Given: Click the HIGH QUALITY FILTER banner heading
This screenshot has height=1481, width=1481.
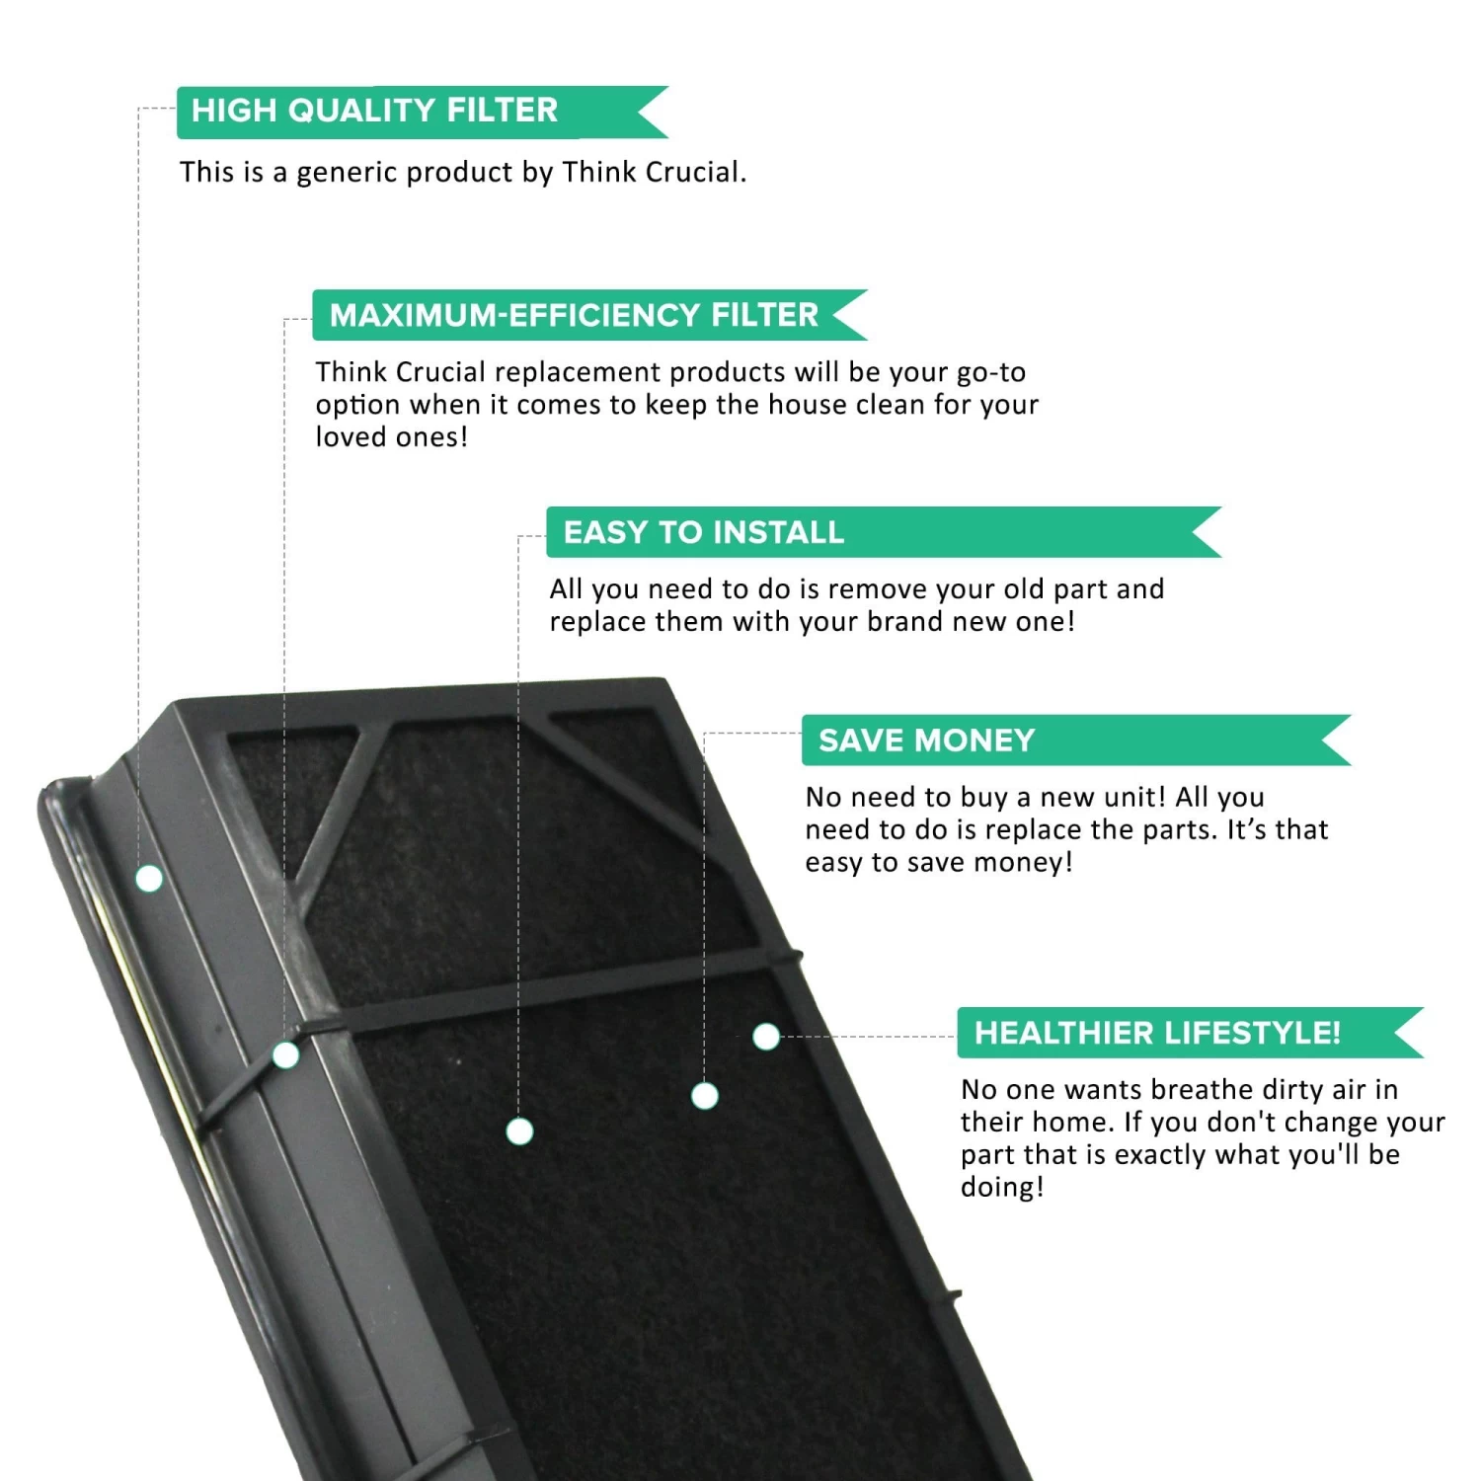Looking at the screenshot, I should pyautogui.click(x=374, y=110).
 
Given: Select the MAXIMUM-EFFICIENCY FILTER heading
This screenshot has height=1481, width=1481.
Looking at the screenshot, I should pyautogui.click(x=574, y=315).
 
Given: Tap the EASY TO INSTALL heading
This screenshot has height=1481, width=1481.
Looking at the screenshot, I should pyautogui.click(x=703, y=532).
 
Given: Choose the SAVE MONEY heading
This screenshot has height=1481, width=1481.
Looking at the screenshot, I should pyautogui.click(x=926, y=740).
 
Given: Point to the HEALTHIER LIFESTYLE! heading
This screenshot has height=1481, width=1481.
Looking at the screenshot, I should pyautogui.click(x=1157, y=1033).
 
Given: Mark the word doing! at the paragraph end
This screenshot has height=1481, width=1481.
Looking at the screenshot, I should pyautogui.click(x=1001, y=1187).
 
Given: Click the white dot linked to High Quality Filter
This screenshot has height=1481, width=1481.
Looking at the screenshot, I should pyautogui.click(x=149, y=878).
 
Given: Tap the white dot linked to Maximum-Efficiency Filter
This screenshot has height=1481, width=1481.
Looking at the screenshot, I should pyautogui.click(x=285, y=1054).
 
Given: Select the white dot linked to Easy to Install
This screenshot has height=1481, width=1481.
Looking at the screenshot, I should pyautogui.click(x=519, y=1130).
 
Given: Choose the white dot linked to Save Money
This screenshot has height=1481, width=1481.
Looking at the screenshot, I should pyautogui.click(x=705, y=1095).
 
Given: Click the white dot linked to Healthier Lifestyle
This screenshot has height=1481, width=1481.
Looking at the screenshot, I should pyautogui.click(x=766, y=1037).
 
